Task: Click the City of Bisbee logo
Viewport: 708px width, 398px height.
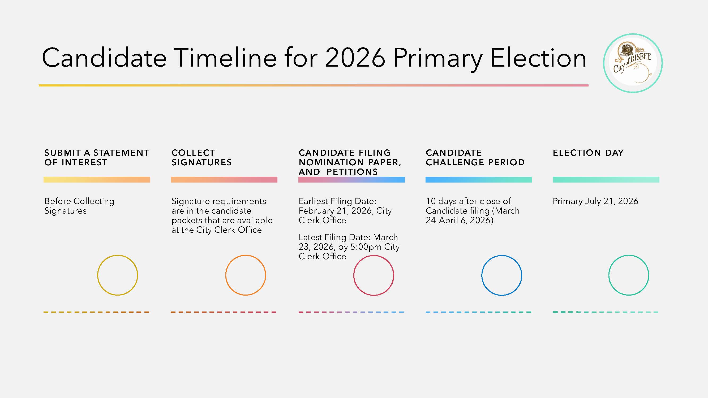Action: (x=633, y=63)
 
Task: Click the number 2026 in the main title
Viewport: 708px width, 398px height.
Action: (x=355, y=58)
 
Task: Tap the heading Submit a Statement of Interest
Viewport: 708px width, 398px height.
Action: (x=96, y=157)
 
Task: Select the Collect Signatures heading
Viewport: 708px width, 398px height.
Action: (x=201, y=157)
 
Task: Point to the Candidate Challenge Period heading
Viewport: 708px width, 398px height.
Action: (x=475, y=157)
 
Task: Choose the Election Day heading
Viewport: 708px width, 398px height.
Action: (x=588, y=153)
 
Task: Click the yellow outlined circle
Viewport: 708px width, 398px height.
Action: (x=118, y=275)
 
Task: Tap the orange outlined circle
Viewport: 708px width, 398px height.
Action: (x=246, y=275)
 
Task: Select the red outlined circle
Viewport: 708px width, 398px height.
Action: (x=374, y=275)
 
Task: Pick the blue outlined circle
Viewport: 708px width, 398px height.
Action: (x=501, y=275)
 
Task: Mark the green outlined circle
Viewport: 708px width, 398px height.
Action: (x=629, y=275)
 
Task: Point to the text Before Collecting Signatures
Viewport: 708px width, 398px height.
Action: (x=79, y=206)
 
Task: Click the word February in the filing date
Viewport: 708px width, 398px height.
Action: (x=316, y=211)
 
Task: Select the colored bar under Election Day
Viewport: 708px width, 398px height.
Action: (x=606, y=180)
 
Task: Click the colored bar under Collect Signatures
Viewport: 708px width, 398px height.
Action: (x=224, y=180)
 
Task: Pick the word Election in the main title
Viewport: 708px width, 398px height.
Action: (x=538, y=58)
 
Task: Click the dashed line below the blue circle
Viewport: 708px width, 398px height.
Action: (x=478, y=312)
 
